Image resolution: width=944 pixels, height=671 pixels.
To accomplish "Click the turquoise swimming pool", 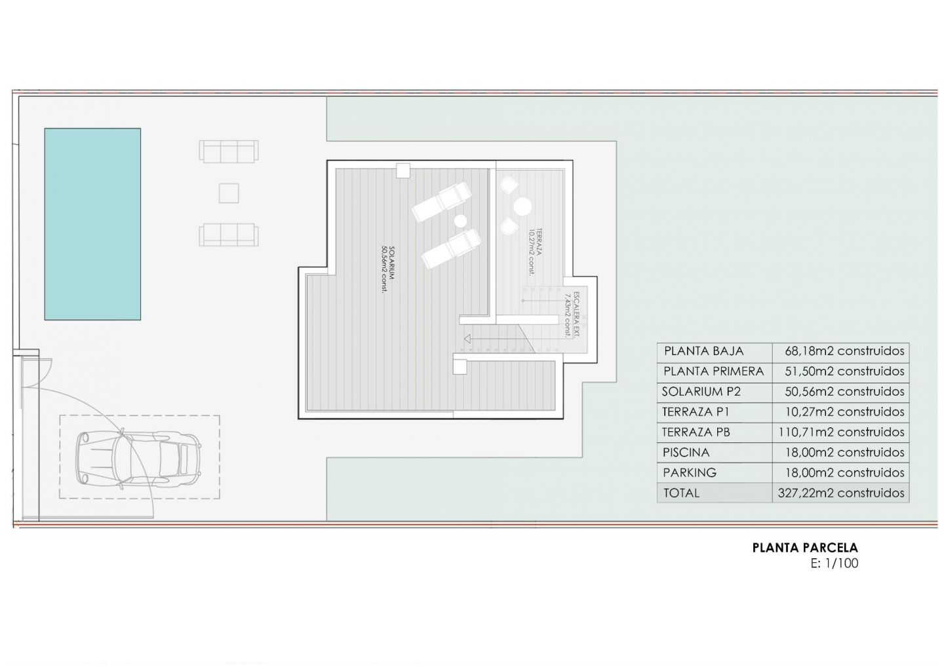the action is [x=92, y=224].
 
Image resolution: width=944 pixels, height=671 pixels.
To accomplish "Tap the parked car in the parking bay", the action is [x=138, y=457].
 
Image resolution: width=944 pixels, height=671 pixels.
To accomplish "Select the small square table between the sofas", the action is [x=229, y=193].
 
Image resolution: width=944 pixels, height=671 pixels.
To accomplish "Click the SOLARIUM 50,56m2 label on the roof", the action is [x=387, y=269].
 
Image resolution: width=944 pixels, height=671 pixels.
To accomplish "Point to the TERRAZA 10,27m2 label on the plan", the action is [x=535, y=252].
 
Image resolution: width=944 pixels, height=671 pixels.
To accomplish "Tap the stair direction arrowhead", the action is [x=467, y=339].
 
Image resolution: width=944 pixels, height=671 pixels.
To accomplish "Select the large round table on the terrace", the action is [x=522, y=207].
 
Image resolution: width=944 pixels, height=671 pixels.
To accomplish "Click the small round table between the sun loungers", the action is [x=461, y=221].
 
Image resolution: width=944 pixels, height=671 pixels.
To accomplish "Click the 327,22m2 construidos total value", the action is [x=841, y=493].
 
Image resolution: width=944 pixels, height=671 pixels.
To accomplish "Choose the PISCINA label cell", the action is [x=686, y=452].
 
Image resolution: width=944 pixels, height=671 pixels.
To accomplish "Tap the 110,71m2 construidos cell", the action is [x=841, y=432].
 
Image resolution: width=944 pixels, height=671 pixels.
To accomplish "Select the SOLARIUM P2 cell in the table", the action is [x=701, y=392].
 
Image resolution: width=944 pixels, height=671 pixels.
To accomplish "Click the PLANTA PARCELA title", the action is [x=805, y=548].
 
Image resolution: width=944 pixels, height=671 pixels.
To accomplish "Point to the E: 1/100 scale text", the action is [x=835, y=563].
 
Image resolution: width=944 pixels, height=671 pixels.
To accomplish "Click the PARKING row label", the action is [x=690, y=472].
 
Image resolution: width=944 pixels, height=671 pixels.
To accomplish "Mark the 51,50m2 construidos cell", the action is [x=844, y=371].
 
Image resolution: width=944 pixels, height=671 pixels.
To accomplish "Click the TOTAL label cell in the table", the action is [x=682, y=493].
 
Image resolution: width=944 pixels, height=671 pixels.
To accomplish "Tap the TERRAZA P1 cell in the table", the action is [x=696, y=412].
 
